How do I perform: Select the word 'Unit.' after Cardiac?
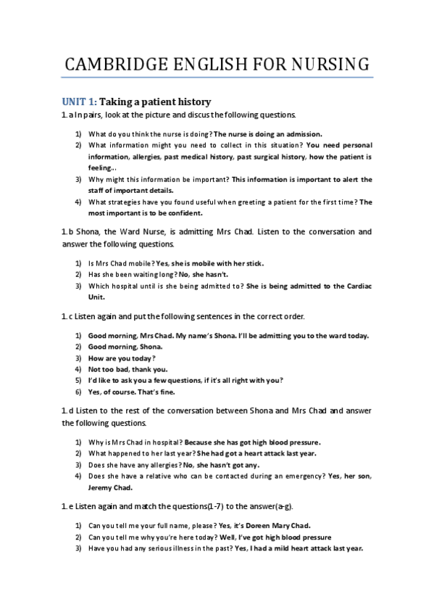click(96, 296)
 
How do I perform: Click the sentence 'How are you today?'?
click(121, 358)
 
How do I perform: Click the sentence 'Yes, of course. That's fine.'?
click(134, 391)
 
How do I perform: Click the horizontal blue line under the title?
click(217, 77)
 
